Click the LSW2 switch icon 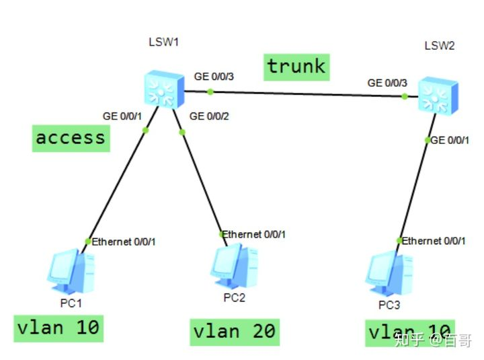[x=438, y=94]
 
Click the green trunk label [x=296, y=67]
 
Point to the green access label [x=71, y=138]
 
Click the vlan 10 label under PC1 [x=58, y=328]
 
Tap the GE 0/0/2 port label [x=210, y=116]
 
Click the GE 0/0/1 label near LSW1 [x=122, y=116]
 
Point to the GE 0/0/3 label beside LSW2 [x=387, y=83]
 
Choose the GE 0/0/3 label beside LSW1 [x=214, y=77]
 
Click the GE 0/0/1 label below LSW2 [x=447, y=140]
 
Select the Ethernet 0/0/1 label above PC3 [x=434, y=240]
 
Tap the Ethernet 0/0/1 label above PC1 [x=124, y=241]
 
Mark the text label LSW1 [x=163, y=42]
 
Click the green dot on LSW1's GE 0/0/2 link [x=182, y=132]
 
